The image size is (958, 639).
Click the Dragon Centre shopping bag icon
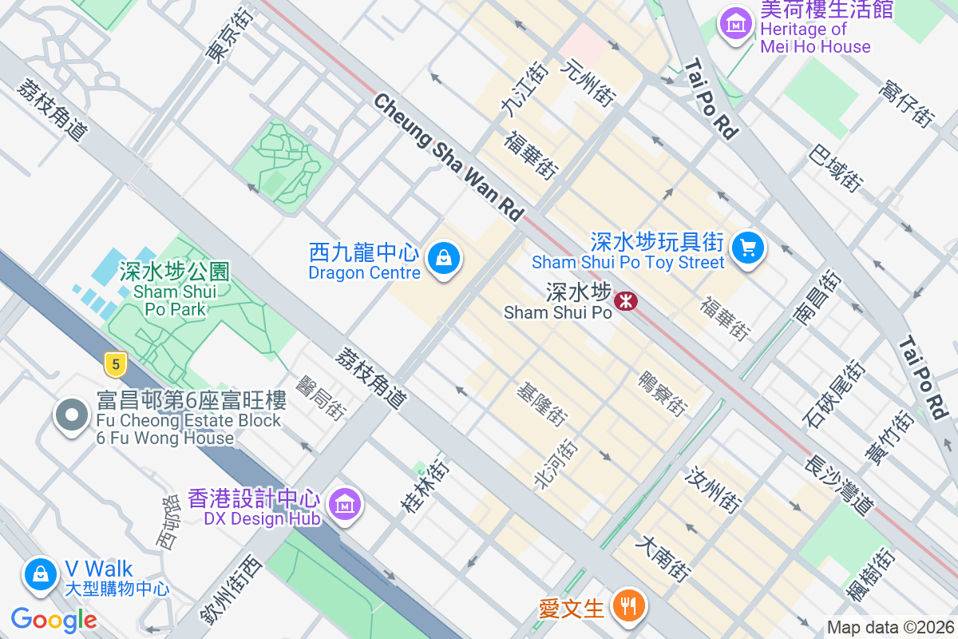(442, 258)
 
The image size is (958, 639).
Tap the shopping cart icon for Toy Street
(748, 248)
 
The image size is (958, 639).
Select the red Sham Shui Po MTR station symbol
(625, 301)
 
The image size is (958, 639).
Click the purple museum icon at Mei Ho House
(736, 24)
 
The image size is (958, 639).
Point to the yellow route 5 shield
(116, 365)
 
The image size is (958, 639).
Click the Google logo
(54, 619)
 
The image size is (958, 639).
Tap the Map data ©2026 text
(890, 628)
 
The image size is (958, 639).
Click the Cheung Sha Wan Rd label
(448, 157)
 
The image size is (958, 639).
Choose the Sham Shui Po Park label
(174, 289)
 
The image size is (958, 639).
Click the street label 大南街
(662, 558)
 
